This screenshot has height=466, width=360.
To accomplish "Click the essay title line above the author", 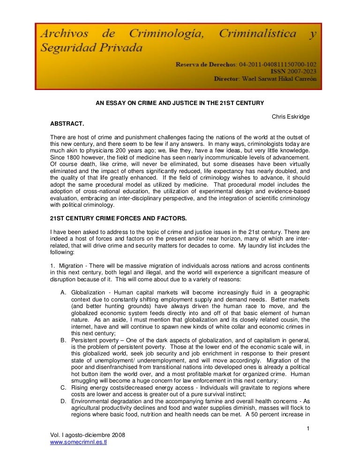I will [x=180, y=103].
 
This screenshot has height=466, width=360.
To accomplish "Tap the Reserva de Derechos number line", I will [x=246, y=63].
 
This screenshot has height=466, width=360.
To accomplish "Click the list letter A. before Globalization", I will [x=63, y=293].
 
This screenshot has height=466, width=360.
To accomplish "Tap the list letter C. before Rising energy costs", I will [x=63, y=388].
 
